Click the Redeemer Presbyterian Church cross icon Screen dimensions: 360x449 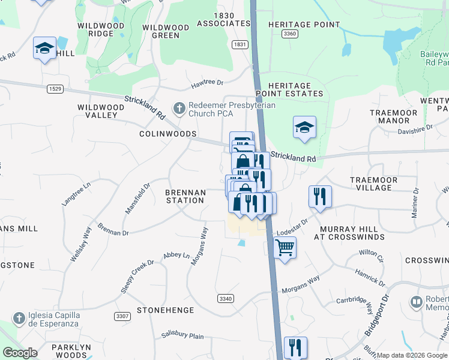(178, 109)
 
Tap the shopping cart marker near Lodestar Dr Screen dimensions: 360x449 (285, 247)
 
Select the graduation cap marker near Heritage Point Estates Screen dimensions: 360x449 (305, 127)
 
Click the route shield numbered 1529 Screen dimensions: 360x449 (55, 89)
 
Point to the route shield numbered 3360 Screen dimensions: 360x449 (289, 34)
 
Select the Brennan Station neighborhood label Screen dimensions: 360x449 (185, 196)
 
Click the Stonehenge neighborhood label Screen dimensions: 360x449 (165, 310)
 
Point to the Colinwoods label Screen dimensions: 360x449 (168, 134)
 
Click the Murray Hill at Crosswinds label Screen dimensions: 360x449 (349, 233)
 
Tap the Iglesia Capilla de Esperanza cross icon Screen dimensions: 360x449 (19, 317)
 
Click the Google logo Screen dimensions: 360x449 (20, 353)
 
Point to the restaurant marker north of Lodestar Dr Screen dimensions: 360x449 (319, 196)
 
